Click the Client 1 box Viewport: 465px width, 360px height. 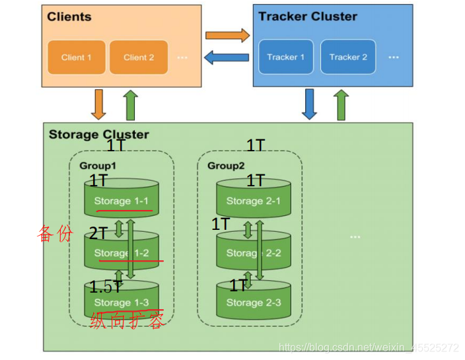pos(76,57)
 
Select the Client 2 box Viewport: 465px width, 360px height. pos(139,57)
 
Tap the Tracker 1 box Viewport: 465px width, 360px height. pos(285,57)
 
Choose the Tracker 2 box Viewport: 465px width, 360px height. pos(348,57)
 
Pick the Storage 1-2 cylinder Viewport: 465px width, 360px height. pos(122,251)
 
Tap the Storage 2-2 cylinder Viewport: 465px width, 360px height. pos(254,251)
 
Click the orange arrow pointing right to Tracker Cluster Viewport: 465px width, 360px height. pos(227,35)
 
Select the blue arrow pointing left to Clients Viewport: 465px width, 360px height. pos(227,57)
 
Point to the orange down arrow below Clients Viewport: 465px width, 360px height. pos(98,104)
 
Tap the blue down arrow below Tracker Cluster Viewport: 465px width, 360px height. pos(309,104)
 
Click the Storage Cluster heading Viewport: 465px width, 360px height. pos(98,135)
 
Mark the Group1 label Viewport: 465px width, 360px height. pos(97,165)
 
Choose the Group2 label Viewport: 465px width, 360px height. pos(225,165)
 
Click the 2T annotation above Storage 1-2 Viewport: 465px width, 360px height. pos(98,233)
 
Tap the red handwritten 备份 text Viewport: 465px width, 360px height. pos(54,233)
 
